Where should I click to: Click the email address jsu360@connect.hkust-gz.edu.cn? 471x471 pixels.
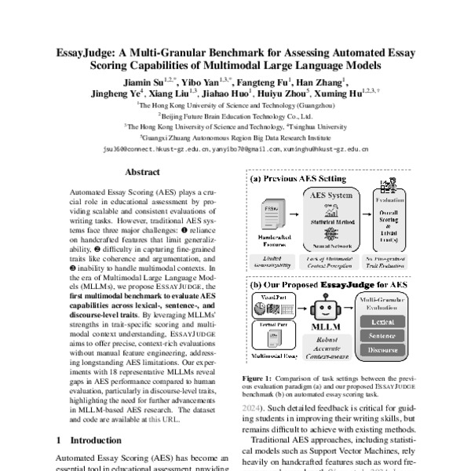pos(152,148)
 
